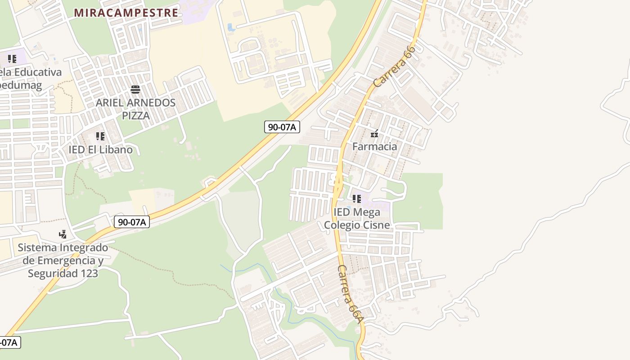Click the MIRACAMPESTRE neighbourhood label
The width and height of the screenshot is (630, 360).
click(126, 13)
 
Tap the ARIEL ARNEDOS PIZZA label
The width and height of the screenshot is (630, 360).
click(135, 109)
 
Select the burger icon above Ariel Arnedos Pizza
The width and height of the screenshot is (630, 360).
click(135, 89)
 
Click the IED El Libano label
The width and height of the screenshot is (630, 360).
click(100, 149)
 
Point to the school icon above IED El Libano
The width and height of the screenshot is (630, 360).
click(100, 136)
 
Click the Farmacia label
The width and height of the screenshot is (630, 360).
click(374, 146)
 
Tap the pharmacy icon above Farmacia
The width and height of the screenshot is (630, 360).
click(374, 133)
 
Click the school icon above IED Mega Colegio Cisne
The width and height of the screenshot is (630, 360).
click(357, 198)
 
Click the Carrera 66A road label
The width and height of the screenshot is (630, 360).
click(350, 294)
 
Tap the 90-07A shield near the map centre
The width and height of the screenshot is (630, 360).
click(282, 127)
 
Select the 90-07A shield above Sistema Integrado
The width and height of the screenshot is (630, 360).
click(131, 221)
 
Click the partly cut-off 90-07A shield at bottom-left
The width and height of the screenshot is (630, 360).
click(9, 342)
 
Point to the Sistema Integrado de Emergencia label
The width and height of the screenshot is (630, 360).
click(63, 260)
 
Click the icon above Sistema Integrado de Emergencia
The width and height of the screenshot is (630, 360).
click(63, 234)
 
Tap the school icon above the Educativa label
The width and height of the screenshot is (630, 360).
click(12, 58)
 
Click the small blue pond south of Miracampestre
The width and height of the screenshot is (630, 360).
click(231, 27)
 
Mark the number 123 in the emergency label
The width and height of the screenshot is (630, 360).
click(90, 273)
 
